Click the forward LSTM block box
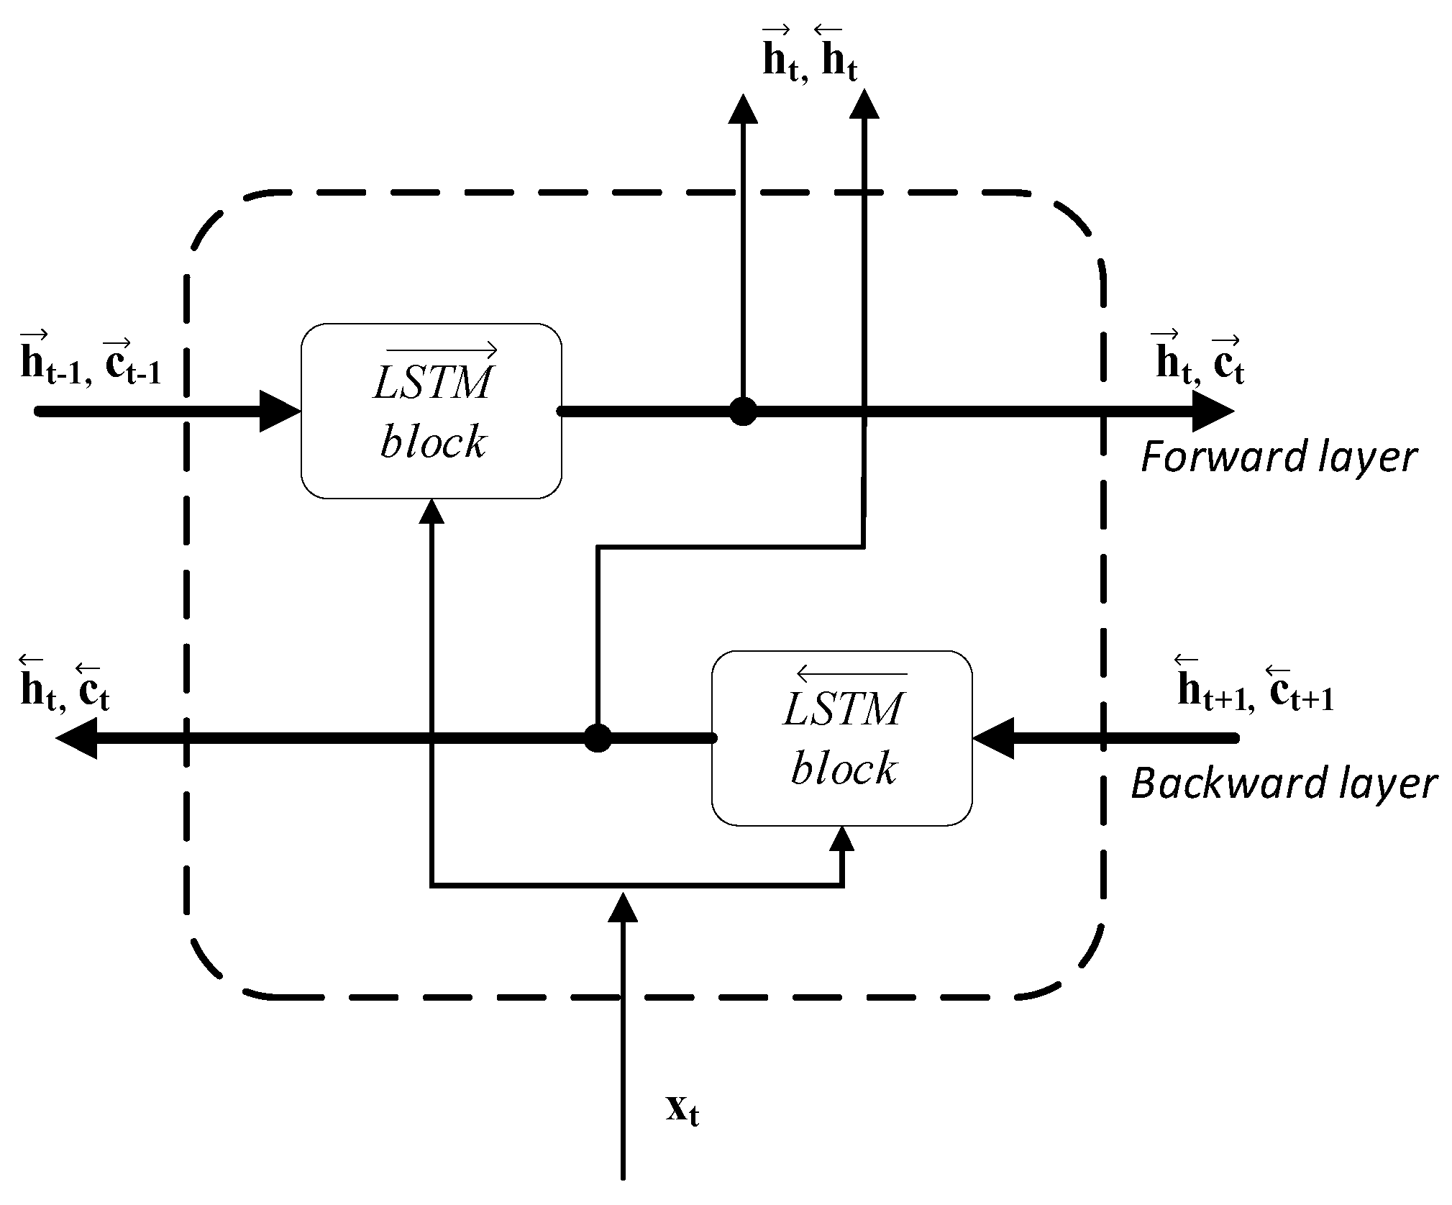[431, 411]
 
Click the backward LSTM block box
[842, 737]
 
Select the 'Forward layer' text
[1279, 458]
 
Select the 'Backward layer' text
[1284, 783]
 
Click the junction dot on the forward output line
[743, 411]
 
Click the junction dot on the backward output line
[597, 738]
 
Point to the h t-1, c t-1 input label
[91, 363]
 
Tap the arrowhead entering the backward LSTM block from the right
[993, 738]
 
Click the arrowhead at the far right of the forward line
[1213, 411]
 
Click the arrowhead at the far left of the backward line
[77, 738]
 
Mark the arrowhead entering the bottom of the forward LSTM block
[432, 511]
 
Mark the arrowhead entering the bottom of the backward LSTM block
[842, 839]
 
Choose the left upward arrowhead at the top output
[743, 109]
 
